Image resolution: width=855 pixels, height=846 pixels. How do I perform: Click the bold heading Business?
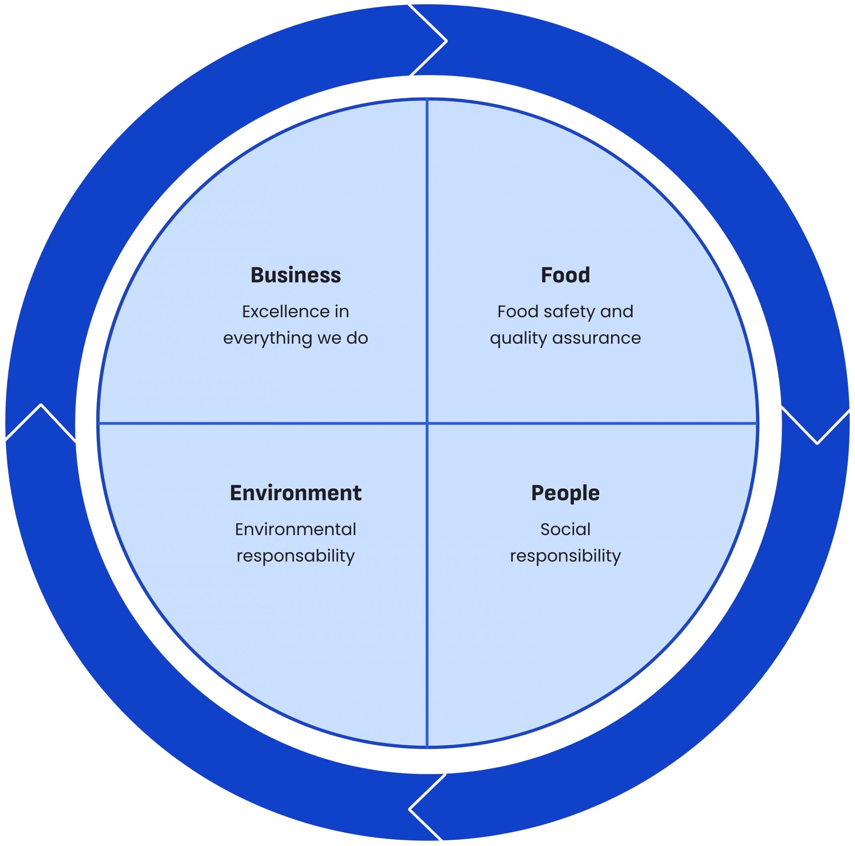[296, 275]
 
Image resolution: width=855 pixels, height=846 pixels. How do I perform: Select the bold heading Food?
[565, 275]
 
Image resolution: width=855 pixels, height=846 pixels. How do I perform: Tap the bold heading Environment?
[296, 493]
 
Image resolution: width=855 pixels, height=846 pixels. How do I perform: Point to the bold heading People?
[565, 493]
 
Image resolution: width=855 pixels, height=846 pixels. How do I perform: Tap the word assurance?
[596, 338]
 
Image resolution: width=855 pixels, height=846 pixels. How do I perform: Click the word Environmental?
[296, 529]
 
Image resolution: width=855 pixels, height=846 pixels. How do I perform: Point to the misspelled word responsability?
[296, 556]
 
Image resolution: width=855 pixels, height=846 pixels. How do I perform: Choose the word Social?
[565, 529]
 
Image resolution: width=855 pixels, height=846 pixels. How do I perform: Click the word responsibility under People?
[565, 556]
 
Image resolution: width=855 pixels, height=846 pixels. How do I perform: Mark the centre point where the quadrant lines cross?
[427, 423]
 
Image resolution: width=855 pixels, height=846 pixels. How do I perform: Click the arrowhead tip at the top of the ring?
[446, 41]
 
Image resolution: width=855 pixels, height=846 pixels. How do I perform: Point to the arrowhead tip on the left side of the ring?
[41, 405]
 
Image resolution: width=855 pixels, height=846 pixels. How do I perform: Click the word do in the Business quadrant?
[357, 338]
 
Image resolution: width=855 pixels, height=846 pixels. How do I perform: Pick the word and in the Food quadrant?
[617, 312]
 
